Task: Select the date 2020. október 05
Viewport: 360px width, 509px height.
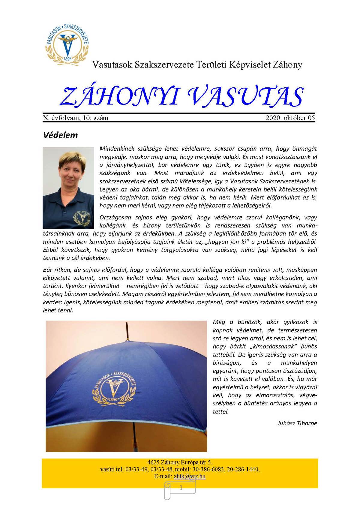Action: pyautogui.click(x=290, y=118)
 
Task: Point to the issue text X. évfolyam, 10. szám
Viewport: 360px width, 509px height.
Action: pyautogui.click(x=76, y=118)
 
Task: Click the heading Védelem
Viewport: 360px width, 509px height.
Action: pyautogui.click(x=60, y=135)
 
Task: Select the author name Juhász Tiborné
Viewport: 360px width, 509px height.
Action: pyautogui.click(x=297, y=423)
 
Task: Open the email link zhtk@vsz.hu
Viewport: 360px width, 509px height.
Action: pyautogui.click(x=190, y=476)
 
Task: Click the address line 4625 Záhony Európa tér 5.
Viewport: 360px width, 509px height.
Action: pyautogui.click(x=180, y=462)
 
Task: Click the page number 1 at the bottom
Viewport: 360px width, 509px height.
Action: pyautogui.click(x=181, y=488)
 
